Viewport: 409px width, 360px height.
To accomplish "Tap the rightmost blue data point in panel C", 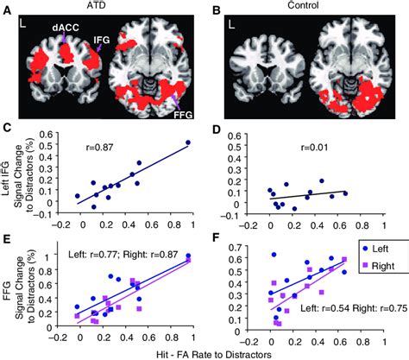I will coord(188,142).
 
